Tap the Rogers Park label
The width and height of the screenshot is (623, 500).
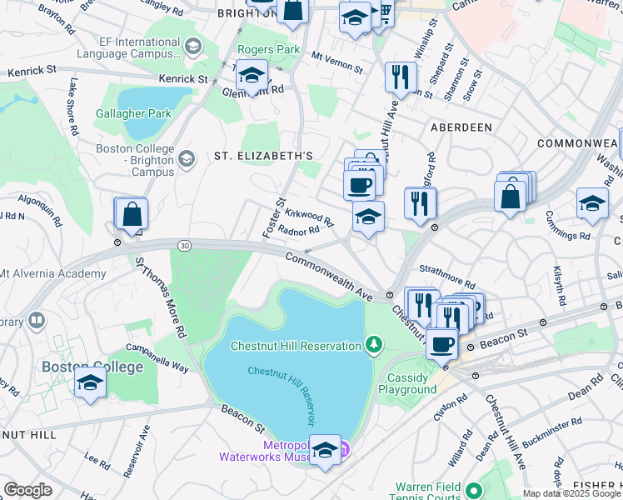coord(268,49)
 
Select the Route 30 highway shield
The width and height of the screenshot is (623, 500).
coord(184,244)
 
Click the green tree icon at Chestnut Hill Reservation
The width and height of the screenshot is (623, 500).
coord(375,345)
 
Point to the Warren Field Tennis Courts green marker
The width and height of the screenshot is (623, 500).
coord(473,491)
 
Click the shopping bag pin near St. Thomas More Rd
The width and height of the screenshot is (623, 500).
coord(132,214)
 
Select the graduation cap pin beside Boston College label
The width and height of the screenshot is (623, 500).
coord(90,382)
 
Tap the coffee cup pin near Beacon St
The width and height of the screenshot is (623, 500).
coord(441,342)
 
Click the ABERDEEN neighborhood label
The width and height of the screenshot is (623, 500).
coord(461,127)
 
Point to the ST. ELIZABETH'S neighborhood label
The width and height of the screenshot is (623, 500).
coord(263,156)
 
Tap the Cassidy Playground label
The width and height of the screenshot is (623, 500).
coord(407,383)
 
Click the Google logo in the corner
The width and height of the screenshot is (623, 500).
coord(27,490)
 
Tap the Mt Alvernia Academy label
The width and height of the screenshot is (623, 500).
coord(52,273)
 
